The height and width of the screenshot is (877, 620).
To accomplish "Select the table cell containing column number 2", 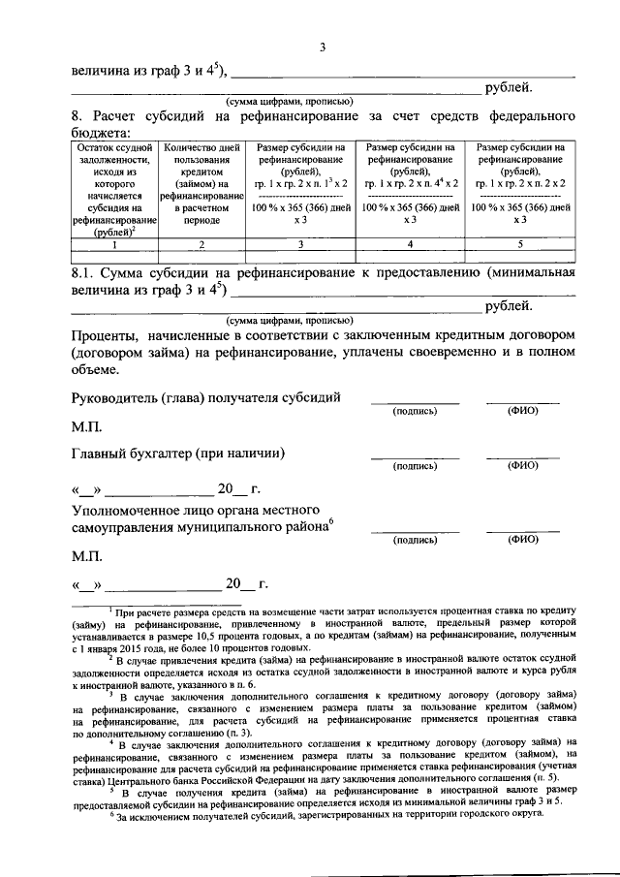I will pyautogui.click(x=201, y=245).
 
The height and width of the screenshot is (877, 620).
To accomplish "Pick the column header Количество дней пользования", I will pyautogui.click(x=201, y=183).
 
